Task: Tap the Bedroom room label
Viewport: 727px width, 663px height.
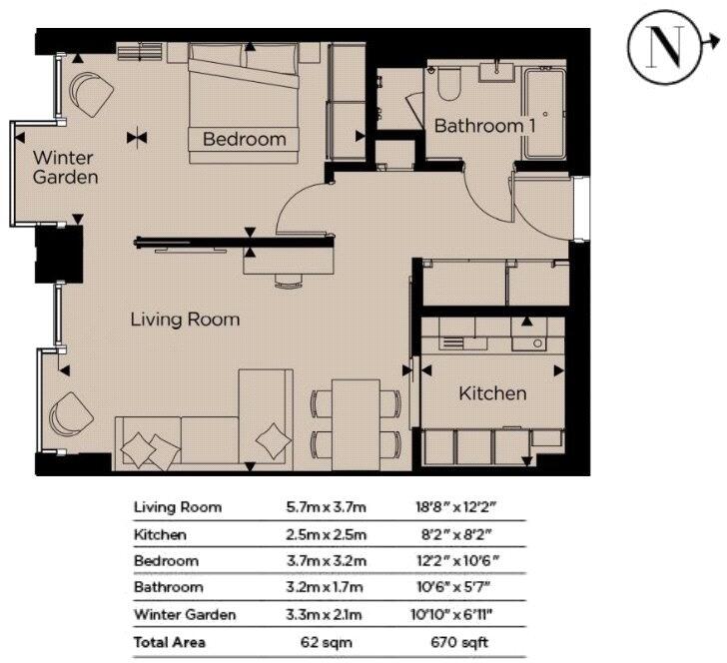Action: pyautogui.click(x=245, y=139)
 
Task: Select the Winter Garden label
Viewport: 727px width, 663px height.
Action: pyautogui.click(x=65, y=168)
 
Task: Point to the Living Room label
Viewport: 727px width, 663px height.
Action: pyautogui.click(x=185, y=320)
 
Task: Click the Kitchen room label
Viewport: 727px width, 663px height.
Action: pyautogui.click(x=492, y=393)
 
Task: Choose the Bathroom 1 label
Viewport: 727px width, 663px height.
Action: pyautogui.click(x=484, y=126)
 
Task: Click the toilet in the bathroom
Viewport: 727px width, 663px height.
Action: pyautogui.click(x=448, y=84)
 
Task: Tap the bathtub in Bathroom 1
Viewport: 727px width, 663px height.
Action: pyautogui.click(x=543, y=113)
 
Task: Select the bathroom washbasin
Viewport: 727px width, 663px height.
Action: pyautogui.click(x=496, y=73)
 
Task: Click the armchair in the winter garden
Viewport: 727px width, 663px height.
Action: pyautogui.click(x=91, y=95)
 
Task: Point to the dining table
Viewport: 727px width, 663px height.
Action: pyautogui.click(x=356, y=424)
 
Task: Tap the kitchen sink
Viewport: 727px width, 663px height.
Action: pyautogui.click(x=529, y=343)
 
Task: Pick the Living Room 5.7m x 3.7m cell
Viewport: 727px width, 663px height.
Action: pyautogui.click(x=327, y=507)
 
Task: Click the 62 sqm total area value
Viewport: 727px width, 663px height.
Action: pyautogui.click(x=327, y=643)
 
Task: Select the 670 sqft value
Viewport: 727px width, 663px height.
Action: pyautogui.click(x=459, y=643)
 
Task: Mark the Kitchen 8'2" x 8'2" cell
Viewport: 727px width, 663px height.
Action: pyautogui.click(x=456, y=534)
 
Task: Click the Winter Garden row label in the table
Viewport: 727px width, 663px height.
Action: pyautogui.click(x=185, y=615)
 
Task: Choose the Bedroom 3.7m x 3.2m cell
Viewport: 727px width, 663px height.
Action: pyautogui.click(x=327, y=561)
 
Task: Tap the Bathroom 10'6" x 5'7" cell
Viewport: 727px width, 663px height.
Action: pyautogui.click(x=453, y=587)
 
